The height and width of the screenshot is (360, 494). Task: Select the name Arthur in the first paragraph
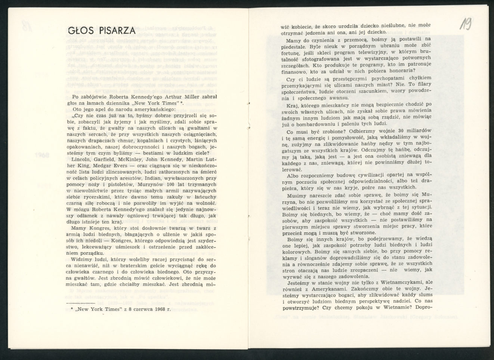click(182, 96)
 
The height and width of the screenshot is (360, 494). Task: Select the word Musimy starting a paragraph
click(297, 195)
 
